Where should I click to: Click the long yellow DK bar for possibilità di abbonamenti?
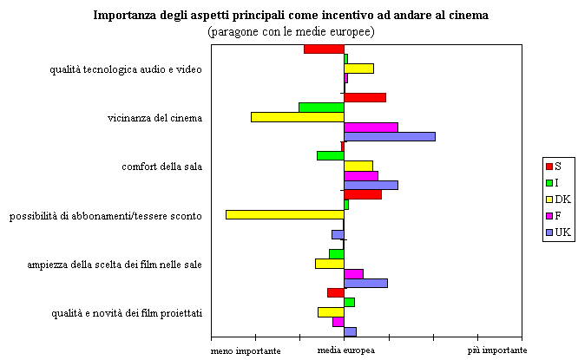(x=285, y=214)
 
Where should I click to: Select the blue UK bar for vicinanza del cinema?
(x=390, y=136)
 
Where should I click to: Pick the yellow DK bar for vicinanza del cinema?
(x=298, y=116)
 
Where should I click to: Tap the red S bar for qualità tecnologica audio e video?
(x=324, y=49)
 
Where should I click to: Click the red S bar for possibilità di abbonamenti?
(x=363, y=194)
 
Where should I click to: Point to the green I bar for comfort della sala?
(x=331, y=155)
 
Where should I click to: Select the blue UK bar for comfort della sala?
(x=371, y=185)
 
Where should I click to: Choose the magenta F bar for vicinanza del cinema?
(x=371, y=127)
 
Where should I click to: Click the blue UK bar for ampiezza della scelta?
(x=365, y=283)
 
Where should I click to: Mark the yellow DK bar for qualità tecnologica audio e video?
(x=358, y=68)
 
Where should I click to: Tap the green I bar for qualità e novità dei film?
(x=349, y=302)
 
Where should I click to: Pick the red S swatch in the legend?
(x=548, y=166)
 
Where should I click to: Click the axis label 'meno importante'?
(x=246, y=350)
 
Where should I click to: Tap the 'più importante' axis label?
(x=497, y=350)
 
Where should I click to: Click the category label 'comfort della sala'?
(x=161, y=167)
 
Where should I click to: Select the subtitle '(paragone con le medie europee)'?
(x=291, y=31)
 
